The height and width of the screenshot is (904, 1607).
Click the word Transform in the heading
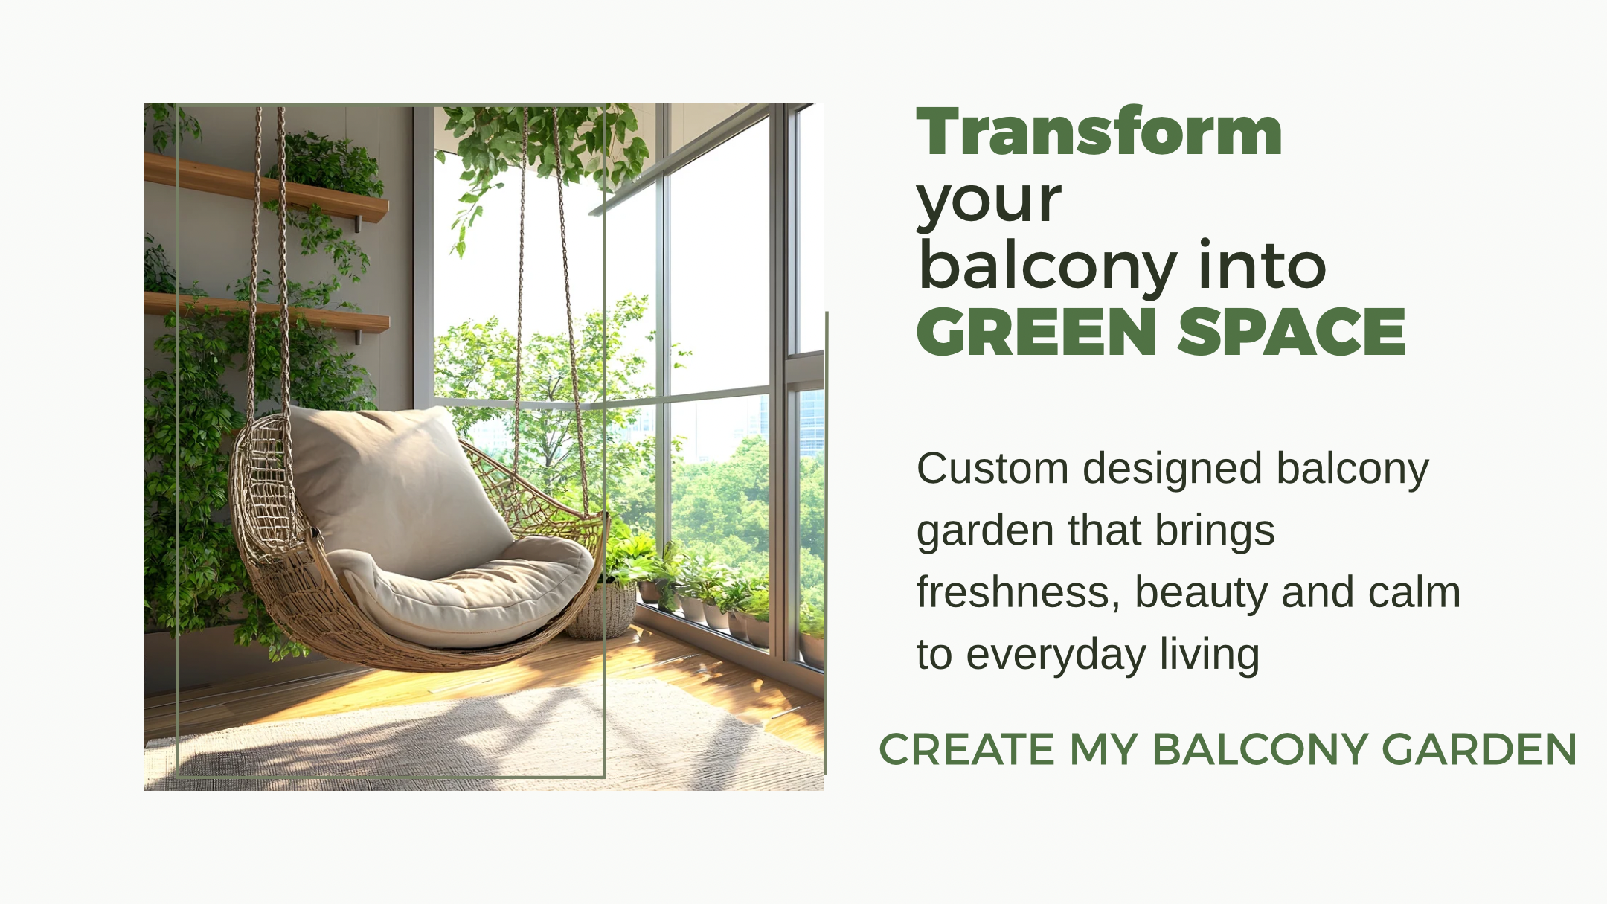1099,132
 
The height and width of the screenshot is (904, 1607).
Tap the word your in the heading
989,201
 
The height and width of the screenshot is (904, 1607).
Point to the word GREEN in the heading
1036,332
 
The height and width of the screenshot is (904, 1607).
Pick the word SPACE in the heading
1292,332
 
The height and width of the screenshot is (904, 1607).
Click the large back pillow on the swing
394,484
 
